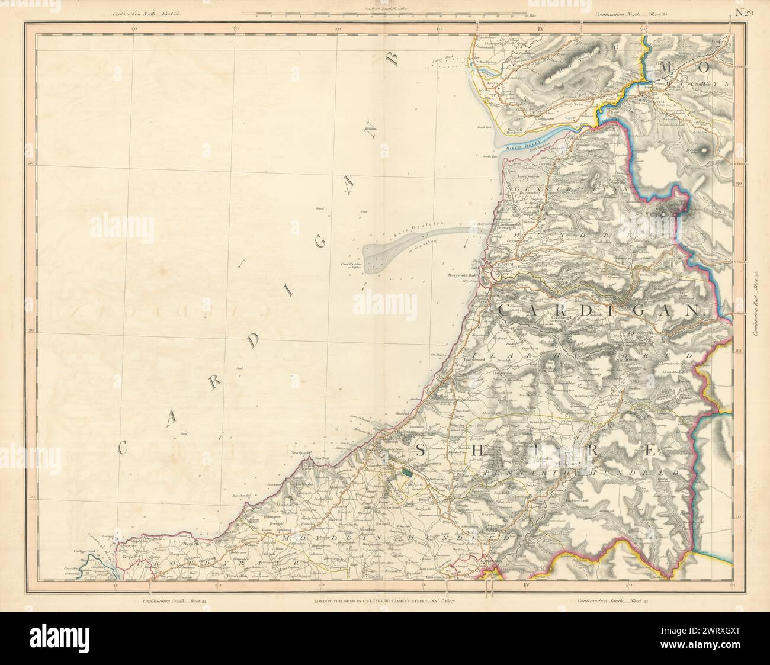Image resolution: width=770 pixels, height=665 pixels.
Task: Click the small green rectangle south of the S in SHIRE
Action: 407,472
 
